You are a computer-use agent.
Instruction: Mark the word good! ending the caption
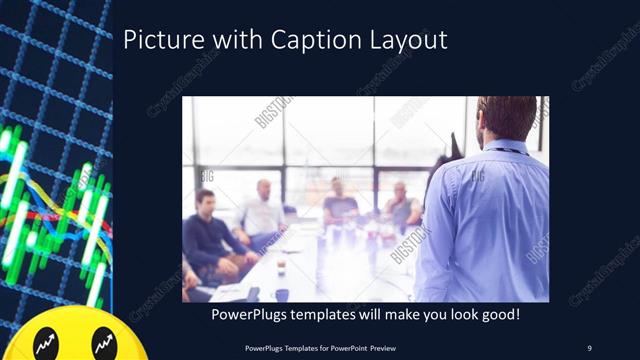point(496,314)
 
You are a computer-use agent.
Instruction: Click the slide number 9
point(589,347)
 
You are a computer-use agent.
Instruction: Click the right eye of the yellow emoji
point(101,345)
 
